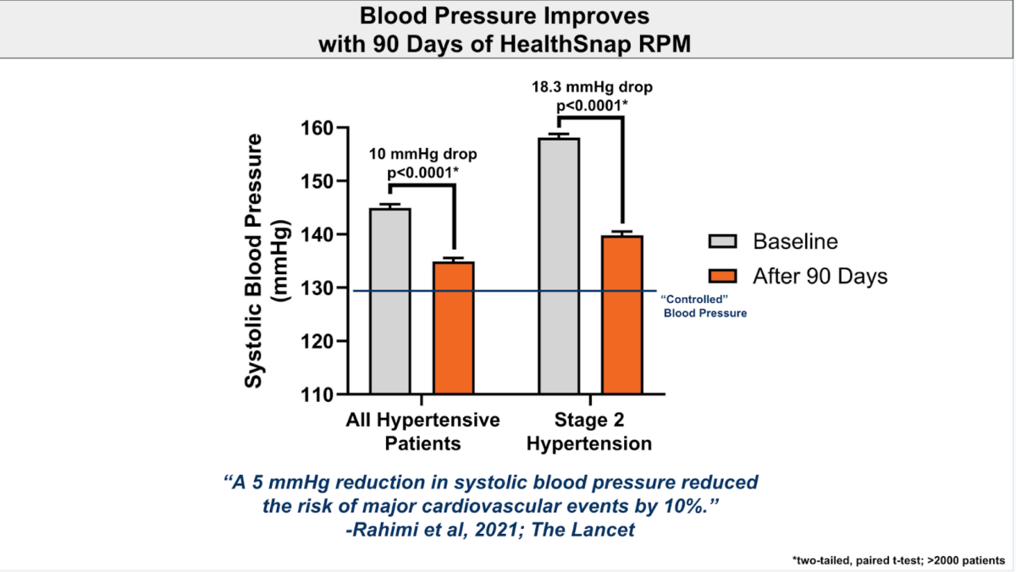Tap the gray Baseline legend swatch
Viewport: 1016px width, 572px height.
click(724, 242)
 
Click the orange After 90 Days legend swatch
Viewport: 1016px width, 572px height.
click(724, 277)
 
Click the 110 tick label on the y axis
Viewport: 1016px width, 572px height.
click(317, 394)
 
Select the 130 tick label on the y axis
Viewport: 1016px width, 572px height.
click(317, 288)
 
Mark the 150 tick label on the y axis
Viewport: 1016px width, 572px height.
click(317, 181)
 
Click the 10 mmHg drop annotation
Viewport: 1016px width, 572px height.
click(422, 155)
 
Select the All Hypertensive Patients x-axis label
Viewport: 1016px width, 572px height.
click(422, 432)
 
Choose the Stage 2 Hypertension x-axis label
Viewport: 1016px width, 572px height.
click(592, 432)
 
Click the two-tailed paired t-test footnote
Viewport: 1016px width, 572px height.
click(898, 559)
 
